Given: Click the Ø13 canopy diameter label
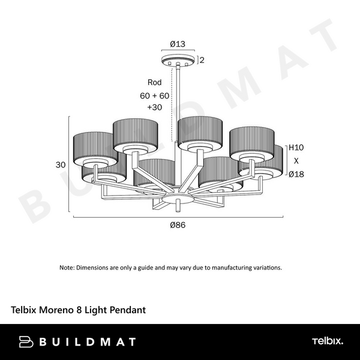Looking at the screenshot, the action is point(178,44).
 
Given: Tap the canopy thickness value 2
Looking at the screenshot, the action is point(202,60).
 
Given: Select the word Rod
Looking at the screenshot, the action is point(155,82).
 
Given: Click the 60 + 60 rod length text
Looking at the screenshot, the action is point(155,96).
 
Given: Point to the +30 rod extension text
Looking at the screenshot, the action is point(155,107).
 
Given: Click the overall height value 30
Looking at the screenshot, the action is point(61,165).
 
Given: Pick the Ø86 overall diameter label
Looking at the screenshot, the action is point(178,225).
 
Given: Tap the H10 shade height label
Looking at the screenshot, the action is point(296,148).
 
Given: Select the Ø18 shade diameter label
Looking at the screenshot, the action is point(296,174).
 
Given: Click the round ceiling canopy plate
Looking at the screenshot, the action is point(178,59).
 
